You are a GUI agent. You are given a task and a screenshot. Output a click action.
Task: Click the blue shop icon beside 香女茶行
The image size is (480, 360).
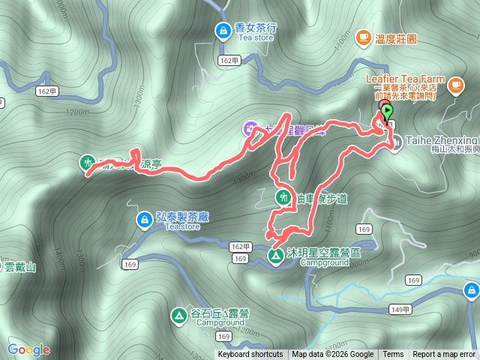coord(223,31)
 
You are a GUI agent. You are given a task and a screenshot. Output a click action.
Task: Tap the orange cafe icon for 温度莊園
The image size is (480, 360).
coord(363,36)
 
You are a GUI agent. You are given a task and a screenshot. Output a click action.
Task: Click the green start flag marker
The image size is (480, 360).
coord(387,112)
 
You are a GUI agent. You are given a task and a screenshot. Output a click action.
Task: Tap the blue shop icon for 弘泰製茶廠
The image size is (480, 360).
coord(143,220)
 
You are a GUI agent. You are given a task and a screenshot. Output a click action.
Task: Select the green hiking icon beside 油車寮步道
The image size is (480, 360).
coord(283,198)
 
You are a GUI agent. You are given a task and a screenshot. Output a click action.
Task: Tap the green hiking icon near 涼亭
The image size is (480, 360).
coord(88,162)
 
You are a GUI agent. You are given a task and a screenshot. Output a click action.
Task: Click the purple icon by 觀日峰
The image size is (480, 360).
coord(250,130)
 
